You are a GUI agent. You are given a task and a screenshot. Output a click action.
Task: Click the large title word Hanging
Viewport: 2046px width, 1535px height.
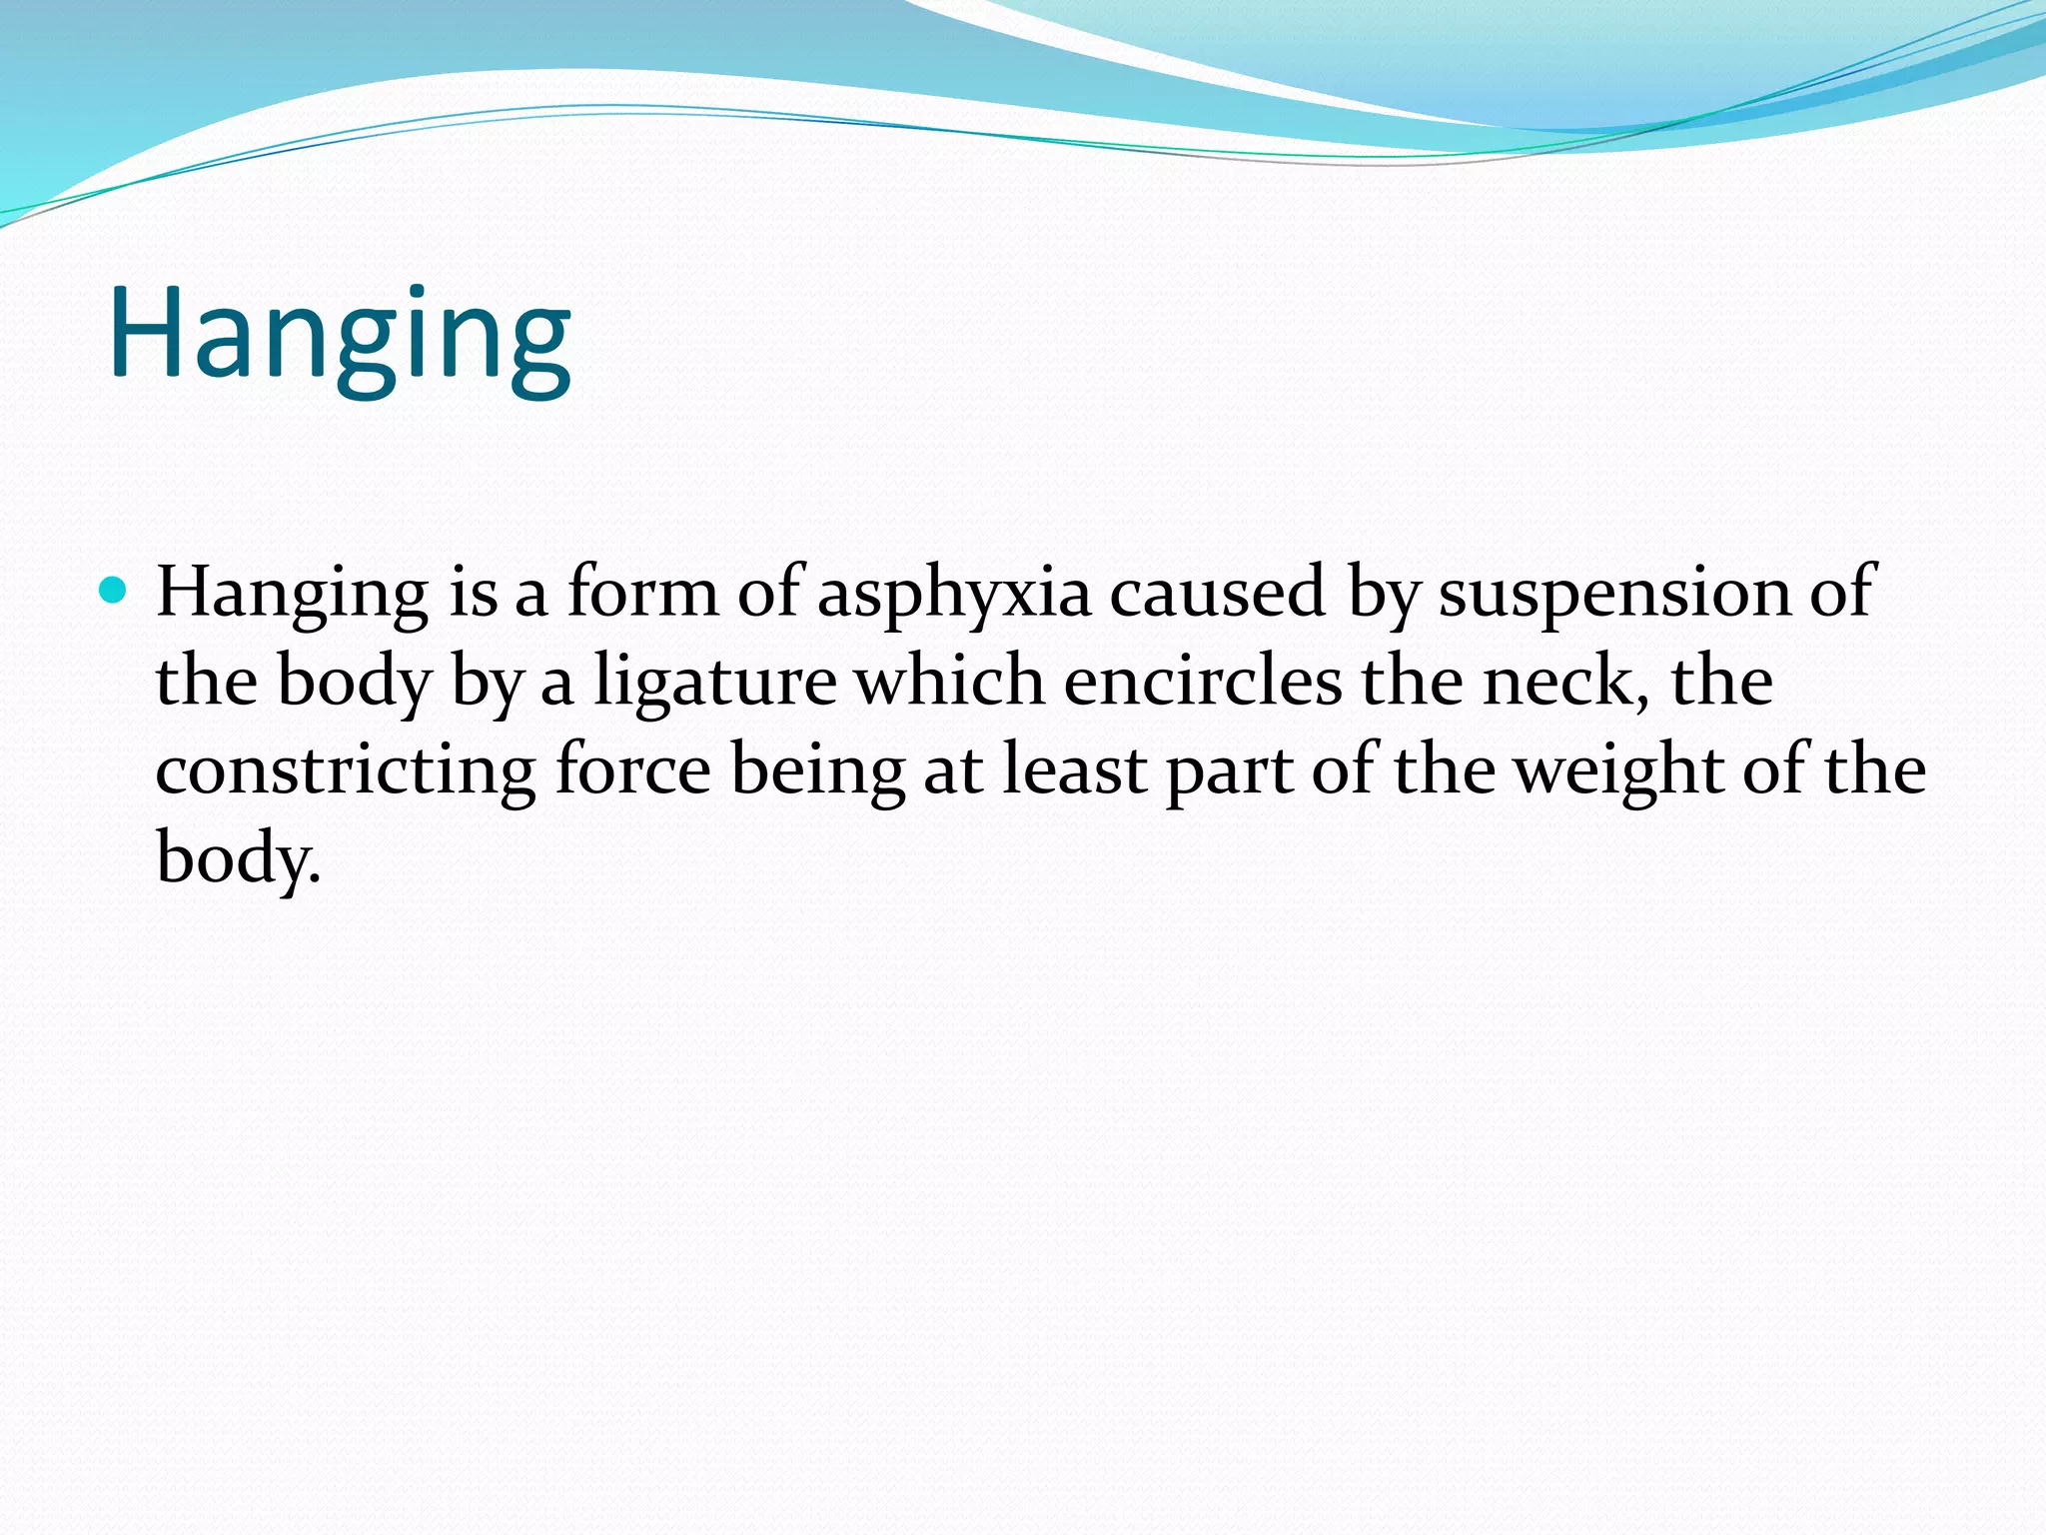click(340, 335)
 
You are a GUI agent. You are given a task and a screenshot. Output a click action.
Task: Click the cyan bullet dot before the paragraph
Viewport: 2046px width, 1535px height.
click(115, 592)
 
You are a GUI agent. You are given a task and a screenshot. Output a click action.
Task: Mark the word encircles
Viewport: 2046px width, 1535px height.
click(1203, 681)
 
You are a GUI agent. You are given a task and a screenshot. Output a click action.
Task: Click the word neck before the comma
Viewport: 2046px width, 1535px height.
click(1560, 681)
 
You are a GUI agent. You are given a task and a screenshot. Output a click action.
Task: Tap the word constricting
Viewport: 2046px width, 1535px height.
click(345, 770)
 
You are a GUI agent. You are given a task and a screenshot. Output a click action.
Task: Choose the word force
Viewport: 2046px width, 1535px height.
click(632, 768)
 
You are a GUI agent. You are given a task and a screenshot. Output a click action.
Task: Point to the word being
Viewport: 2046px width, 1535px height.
click(817, 770)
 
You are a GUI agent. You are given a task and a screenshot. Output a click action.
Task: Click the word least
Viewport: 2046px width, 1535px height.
click(1074, 768)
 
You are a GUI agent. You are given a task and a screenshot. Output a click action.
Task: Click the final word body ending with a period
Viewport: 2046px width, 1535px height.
click(237, 858)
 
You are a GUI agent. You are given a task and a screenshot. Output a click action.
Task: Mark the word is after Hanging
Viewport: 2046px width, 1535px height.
click(473, 592)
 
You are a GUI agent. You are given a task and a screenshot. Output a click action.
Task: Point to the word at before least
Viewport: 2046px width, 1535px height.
click(953, 770)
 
